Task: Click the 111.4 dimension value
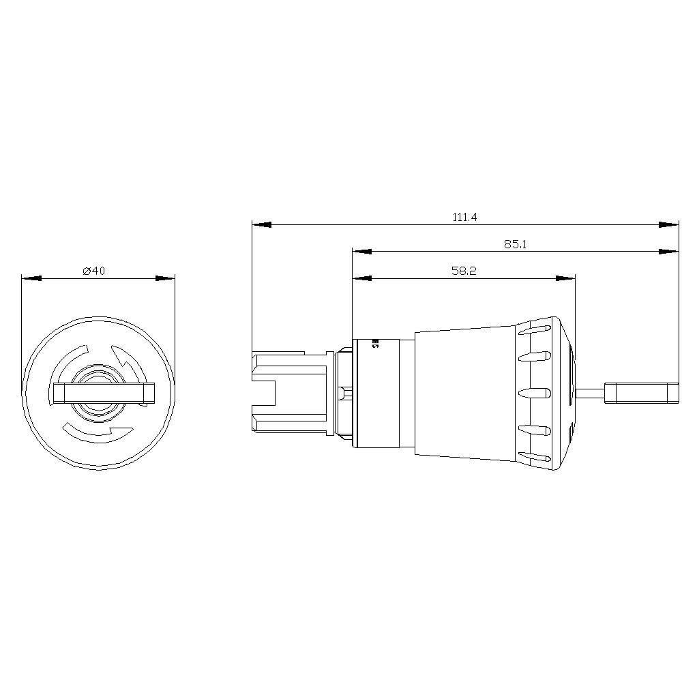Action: [x=464, y=217]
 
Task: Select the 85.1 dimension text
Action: [x=516, y=244]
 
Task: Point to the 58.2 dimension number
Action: [x=463, y=271]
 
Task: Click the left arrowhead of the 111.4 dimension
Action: [x=262, y=224]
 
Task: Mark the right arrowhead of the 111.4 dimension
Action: [x=669, y=224]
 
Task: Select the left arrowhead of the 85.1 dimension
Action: [x=362, y=251]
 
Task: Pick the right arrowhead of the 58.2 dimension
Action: [x=565, y=278]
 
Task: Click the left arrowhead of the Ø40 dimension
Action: [x=31, y=278]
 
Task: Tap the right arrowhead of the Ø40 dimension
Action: [x=166, y=278]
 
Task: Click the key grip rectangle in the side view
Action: [x=642, y=392]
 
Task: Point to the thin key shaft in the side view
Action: [x=590, y=392]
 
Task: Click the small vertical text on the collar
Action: [x=375, y=343]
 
